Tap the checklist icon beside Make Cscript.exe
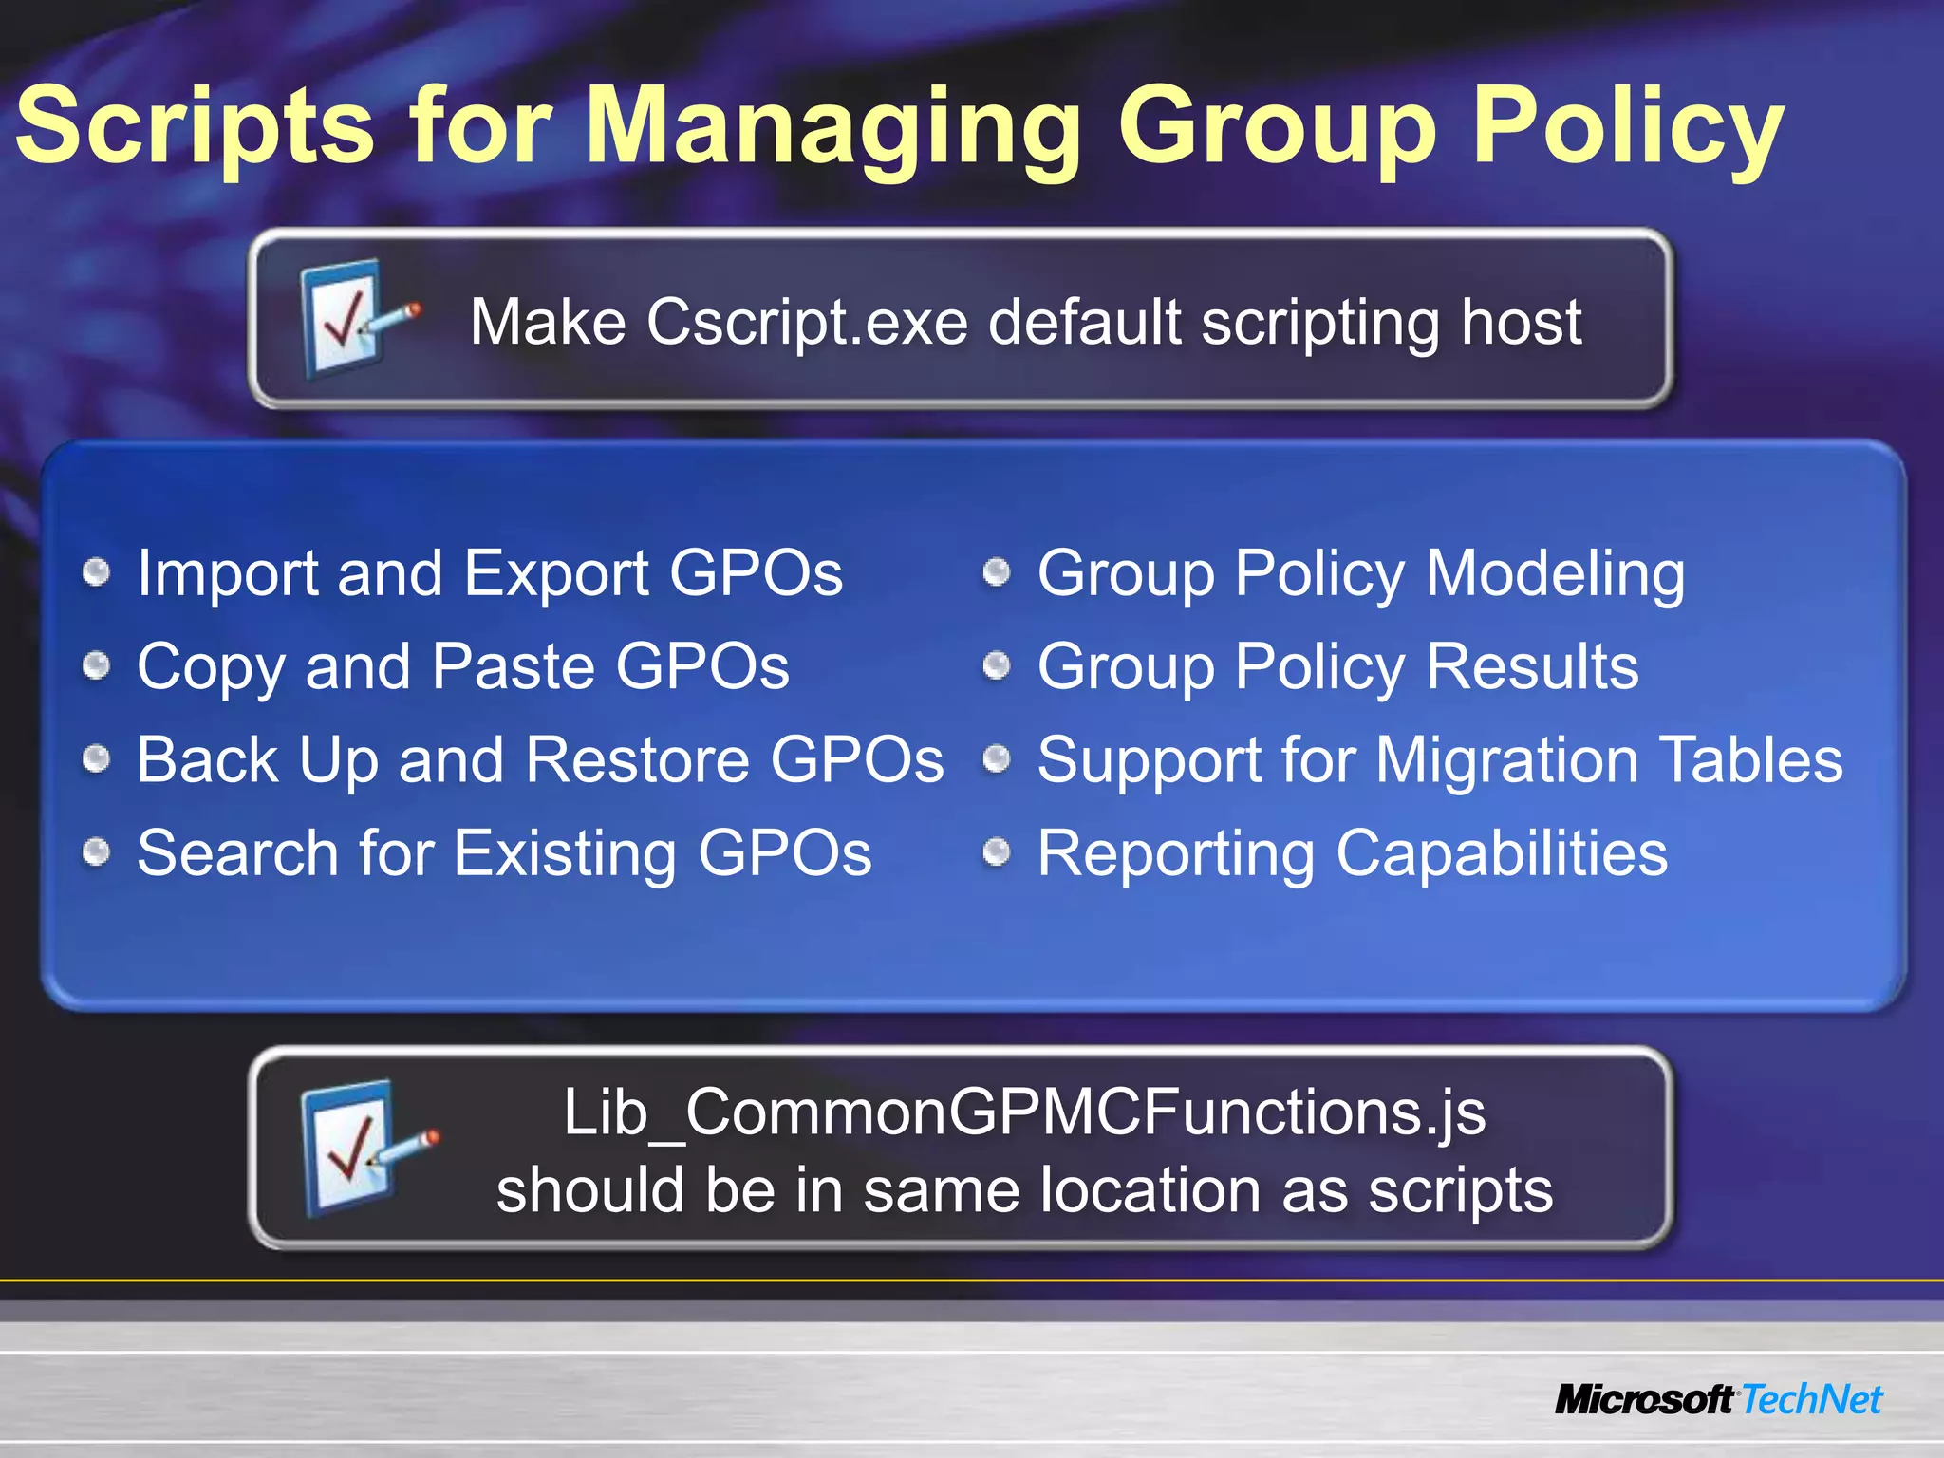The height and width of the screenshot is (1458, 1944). pos(353,319)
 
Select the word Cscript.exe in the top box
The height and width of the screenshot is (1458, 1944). pos(807,323)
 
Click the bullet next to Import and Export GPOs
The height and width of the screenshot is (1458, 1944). pos(97,572)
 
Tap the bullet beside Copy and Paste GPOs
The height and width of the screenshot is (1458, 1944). pos(97,665)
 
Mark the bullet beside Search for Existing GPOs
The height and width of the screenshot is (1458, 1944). pos(97,852)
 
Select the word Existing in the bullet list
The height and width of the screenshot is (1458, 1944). pos(566,854)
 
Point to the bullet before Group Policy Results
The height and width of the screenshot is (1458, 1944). pos(996,665)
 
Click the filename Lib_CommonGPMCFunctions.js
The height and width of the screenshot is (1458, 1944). pos(1024,1112)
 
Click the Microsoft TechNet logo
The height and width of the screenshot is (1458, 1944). pos(1718,1400)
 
